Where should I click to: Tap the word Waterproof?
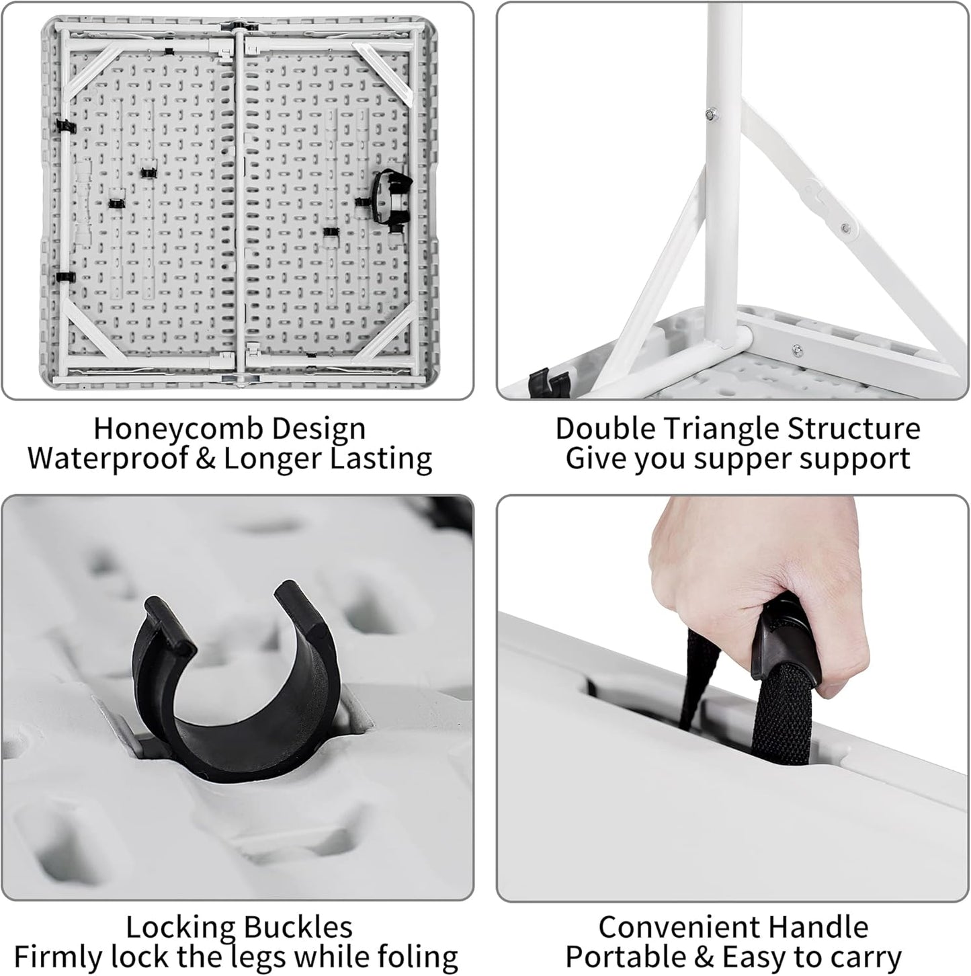click(x=107, y=458)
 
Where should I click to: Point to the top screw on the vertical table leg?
click(x=713, y=114)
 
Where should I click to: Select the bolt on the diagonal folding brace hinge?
click(x=845, y=229)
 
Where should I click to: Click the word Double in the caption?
click(x=606, y=430)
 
